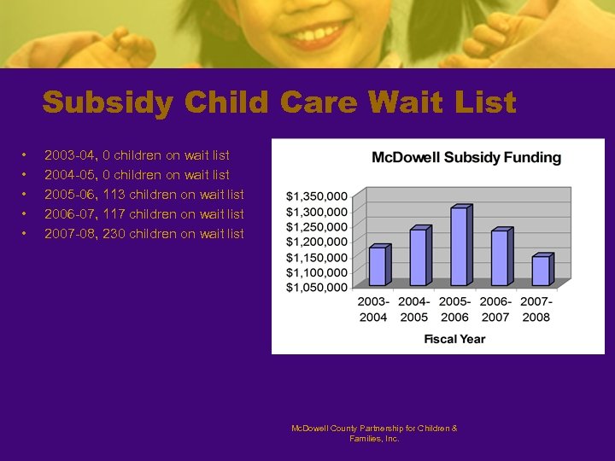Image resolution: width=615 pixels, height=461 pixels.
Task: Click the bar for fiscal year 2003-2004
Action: coord(377,266)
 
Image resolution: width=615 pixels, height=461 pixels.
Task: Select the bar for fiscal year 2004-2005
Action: coord(418,257)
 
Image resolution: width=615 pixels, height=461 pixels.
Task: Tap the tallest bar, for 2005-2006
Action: coord(459,247)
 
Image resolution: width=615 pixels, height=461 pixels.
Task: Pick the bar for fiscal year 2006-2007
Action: coord(500,258)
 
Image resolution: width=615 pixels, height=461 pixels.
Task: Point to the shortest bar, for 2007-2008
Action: coord(541,271)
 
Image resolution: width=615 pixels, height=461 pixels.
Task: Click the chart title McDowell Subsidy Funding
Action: coord(466,157)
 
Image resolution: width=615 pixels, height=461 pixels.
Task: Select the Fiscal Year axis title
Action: coord(454,339)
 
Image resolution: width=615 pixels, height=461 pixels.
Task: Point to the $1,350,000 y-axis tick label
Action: coord(316,196)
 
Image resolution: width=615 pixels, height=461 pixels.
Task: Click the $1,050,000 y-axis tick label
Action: coord(316,288)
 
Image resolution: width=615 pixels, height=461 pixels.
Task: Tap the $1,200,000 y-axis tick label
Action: coord(316,242)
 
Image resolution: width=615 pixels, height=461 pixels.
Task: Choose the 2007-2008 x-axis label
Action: coord(536,309)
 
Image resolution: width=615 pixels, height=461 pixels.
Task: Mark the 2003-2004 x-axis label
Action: coord(373,309)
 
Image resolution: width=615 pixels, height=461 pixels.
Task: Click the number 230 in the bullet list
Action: coord(114,234)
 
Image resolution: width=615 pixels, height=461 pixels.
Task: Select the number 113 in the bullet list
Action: coord(114,195)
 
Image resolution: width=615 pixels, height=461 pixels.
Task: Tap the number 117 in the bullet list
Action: coord(114,214)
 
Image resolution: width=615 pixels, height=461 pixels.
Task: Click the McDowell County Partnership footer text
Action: coord(374,433)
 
